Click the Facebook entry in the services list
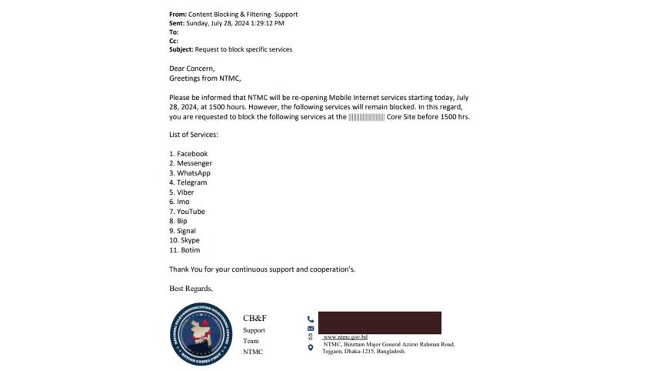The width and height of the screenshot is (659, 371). [188, 154]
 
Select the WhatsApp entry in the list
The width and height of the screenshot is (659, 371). [190, 173]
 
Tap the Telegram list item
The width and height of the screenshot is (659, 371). [188, 182]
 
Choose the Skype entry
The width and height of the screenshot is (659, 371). [185, 240]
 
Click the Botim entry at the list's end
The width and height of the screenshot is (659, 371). [185, 250]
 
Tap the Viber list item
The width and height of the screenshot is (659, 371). [182, 192]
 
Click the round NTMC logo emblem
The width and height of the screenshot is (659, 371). [200, 334]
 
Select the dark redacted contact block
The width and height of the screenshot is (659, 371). [379, 322]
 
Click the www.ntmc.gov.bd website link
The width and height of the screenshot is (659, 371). [345, 337]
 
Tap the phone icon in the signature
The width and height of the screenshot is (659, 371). [310, 319]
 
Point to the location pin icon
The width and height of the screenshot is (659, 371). [310, 348]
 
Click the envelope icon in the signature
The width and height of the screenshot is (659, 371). [310, 329]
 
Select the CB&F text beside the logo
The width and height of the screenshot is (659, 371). [255, 319]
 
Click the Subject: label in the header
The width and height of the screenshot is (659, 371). [181, 50]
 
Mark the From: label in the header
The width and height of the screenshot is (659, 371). [178, 14]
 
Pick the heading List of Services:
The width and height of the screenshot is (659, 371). [194, 135]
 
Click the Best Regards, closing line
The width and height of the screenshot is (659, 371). [191, 289]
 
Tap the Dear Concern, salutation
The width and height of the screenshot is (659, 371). [191, 69]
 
